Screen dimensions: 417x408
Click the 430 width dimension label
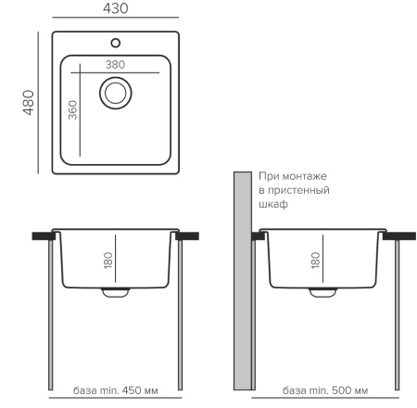coord(116,8)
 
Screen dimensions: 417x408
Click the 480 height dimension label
coord(29,103)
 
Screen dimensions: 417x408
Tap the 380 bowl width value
coord(115,65)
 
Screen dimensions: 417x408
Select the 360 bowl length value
coord(73,109)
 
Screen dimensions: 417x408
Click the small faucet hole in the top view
coord(116,43)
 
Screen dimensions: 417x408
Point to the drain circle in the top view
coord(116,93)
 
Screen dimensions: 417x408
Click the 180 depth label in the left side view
coord(108,261)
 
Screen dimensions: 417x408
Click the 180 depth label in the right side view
coord(315,261)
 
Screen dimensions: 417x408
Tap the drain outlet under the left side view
coord(116,292)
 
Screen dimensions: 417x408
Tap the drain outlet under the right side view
coord(322,292)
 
